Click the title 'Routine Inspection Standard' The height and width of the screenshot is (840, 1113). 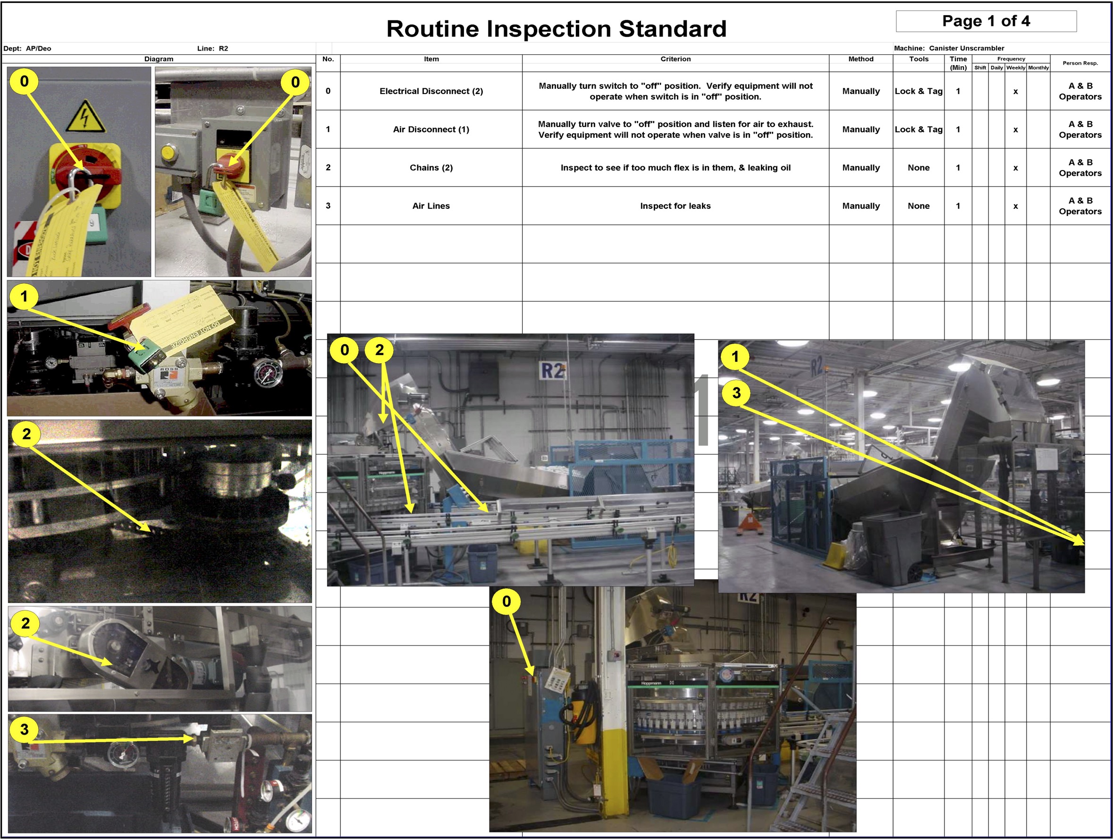556,29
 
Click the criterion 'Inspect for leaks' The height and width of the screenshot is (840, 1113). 675,206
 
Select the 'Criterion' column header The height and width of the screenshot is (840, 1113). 675,59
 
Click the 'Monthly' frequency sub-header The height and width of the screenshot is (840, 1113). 1037,68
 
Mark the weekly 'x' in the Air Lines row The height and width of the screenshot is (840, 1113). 1015,206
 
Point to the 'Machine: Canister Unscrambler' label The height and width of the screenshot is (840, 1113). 948,48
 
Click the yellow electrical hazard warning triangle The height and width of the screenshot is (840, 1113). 85,117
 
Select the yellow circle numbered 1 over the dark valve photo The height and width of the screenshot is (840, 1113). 24,297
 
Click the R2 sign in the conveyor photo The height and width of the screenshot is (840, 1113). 552,371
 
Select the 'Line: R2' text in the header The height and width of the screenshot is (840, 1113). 212,48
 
